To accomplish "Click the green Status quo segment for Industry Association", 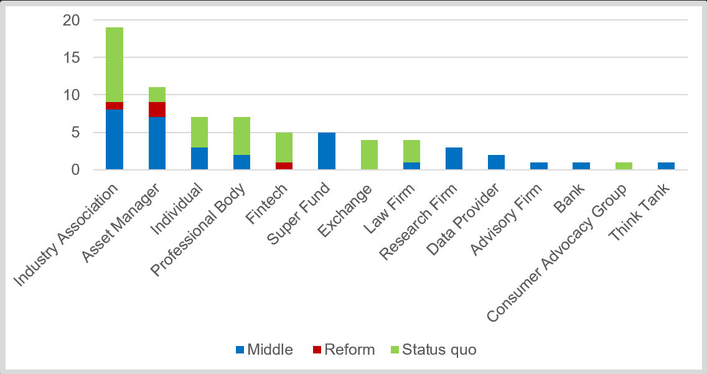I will (x=115, y=65).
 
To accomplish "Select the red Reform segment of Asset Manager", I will (x=157, y=110).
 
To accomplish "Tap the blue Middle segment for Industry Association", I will (x=115, y=139).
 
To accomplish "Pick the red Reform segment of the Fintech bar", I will (x=284, y=166).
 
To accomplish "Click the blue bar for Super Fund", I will (x=327, y=151).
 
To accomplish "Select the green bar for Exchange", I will (x=369, y=154).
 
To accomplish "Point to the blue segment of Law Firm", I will (x=411, y=166).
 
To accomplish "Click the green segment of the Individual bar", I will (x=199, y=132).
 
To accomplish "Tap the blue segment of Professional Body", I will (x=241, y=162).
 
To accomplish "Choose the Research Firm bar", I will (x=454, y=158).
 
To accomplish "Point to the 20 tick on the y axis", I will (x=72, y=21).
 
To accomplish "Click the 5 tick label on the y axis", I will (x=76, y=133).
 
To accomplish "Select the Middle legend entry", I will (x=264, y=350).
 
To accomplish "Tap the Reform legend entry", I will (x=344, y=350).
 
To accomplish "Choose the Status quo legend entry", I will (x=432, y=350).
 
